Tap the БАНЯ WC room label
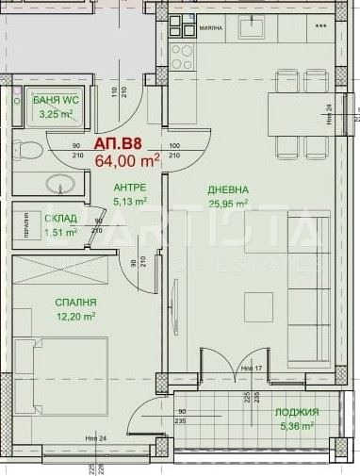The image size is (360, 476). [x=55, y=99]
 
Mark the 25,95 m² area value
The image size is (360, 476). [x=228, y=203]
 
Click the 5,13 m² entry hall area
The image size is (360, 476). [x=130, y=201]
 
